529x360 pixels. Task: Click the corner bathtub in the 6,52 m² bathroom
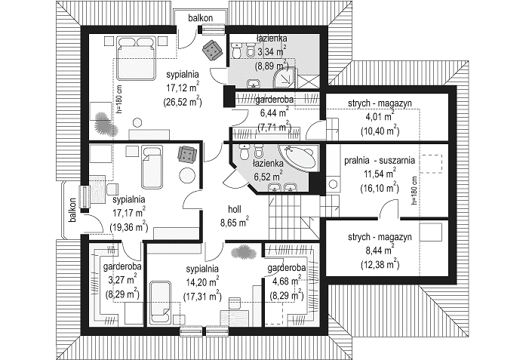click(300, 157)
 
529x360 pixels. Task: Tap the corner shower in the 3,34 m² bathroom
click(285, 78)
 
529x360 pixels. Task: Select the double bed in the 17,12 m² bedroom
click(135, 59)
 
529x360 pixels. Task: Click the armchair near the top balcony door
click(211, 49)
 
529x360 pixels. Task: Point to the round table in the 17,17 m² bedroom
click(186, 175)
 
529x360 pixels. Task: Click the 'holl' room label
click(235, 210)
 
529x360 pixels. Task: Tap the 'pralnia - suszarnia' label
click(380, 160)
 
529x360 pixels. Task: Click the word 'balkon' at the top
click(201, 18)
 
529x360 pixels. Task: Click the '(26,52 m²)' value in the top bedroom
click(182, 101)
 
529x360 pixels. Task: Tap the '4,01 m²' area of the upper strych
click(380, 117)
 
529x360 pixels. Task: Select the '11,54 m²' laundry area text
click(380, 174)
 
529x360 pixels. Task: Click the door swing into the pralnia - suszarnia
click(388, 208)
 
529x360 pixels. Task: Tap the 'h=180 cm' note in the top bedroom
click(121, 99)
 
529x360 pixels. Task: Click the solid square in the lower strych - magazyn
click(430, 232)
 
